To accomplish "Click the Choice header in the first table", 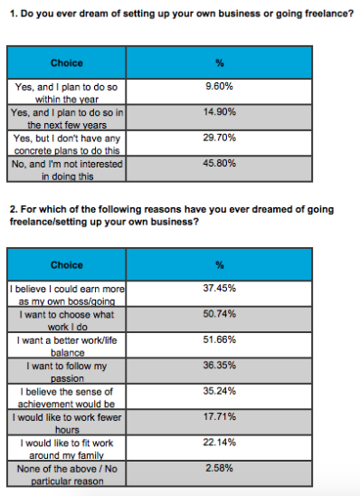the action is (x=66, y=63).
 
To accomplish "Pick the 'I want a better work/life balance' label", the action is (x=66, y=345).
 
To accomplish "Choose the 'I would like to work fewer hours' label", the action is (x=66, y=423).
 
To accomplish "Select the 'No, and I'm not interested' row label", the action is (x=66, y=170).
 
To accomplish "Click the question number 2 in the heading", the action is (x=13, y=209).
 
